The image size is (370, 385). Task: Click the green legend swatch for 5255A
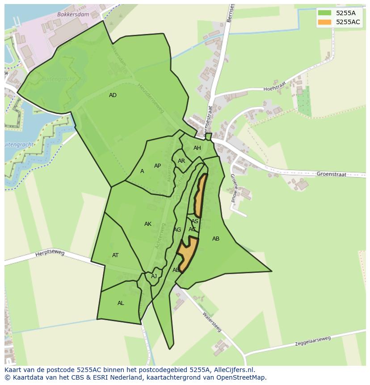pos(324,13)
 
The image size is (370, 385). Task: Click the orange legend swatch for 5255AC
pos(324,22)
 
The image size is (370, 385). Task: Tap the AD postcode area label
pos(113,95)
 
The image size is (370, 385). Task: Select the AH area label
pos(197,148)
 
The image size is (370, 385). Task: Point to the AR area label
pos(181,161)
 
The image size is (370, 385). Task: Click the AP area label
pos(157,166)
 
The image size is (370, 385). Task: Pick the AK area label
pos(148,224)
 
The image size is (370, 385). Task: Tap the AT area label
pos(115,255)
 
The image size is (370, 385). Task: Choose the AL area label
pos(121,303)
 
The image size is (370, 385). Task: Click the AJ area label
pos(154,276)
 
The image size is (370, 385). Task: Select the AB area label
pos(216,239)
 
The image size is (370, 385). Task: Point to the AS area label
pos(195,221)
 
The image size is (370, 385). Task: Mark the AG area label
pos(177,230)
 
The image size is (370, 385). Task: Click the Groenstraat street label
pos(331,174)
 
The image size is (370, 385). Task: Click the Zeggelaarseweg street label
pos(313,341)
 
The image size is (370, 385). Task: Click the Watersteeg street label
pos(212,321)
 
